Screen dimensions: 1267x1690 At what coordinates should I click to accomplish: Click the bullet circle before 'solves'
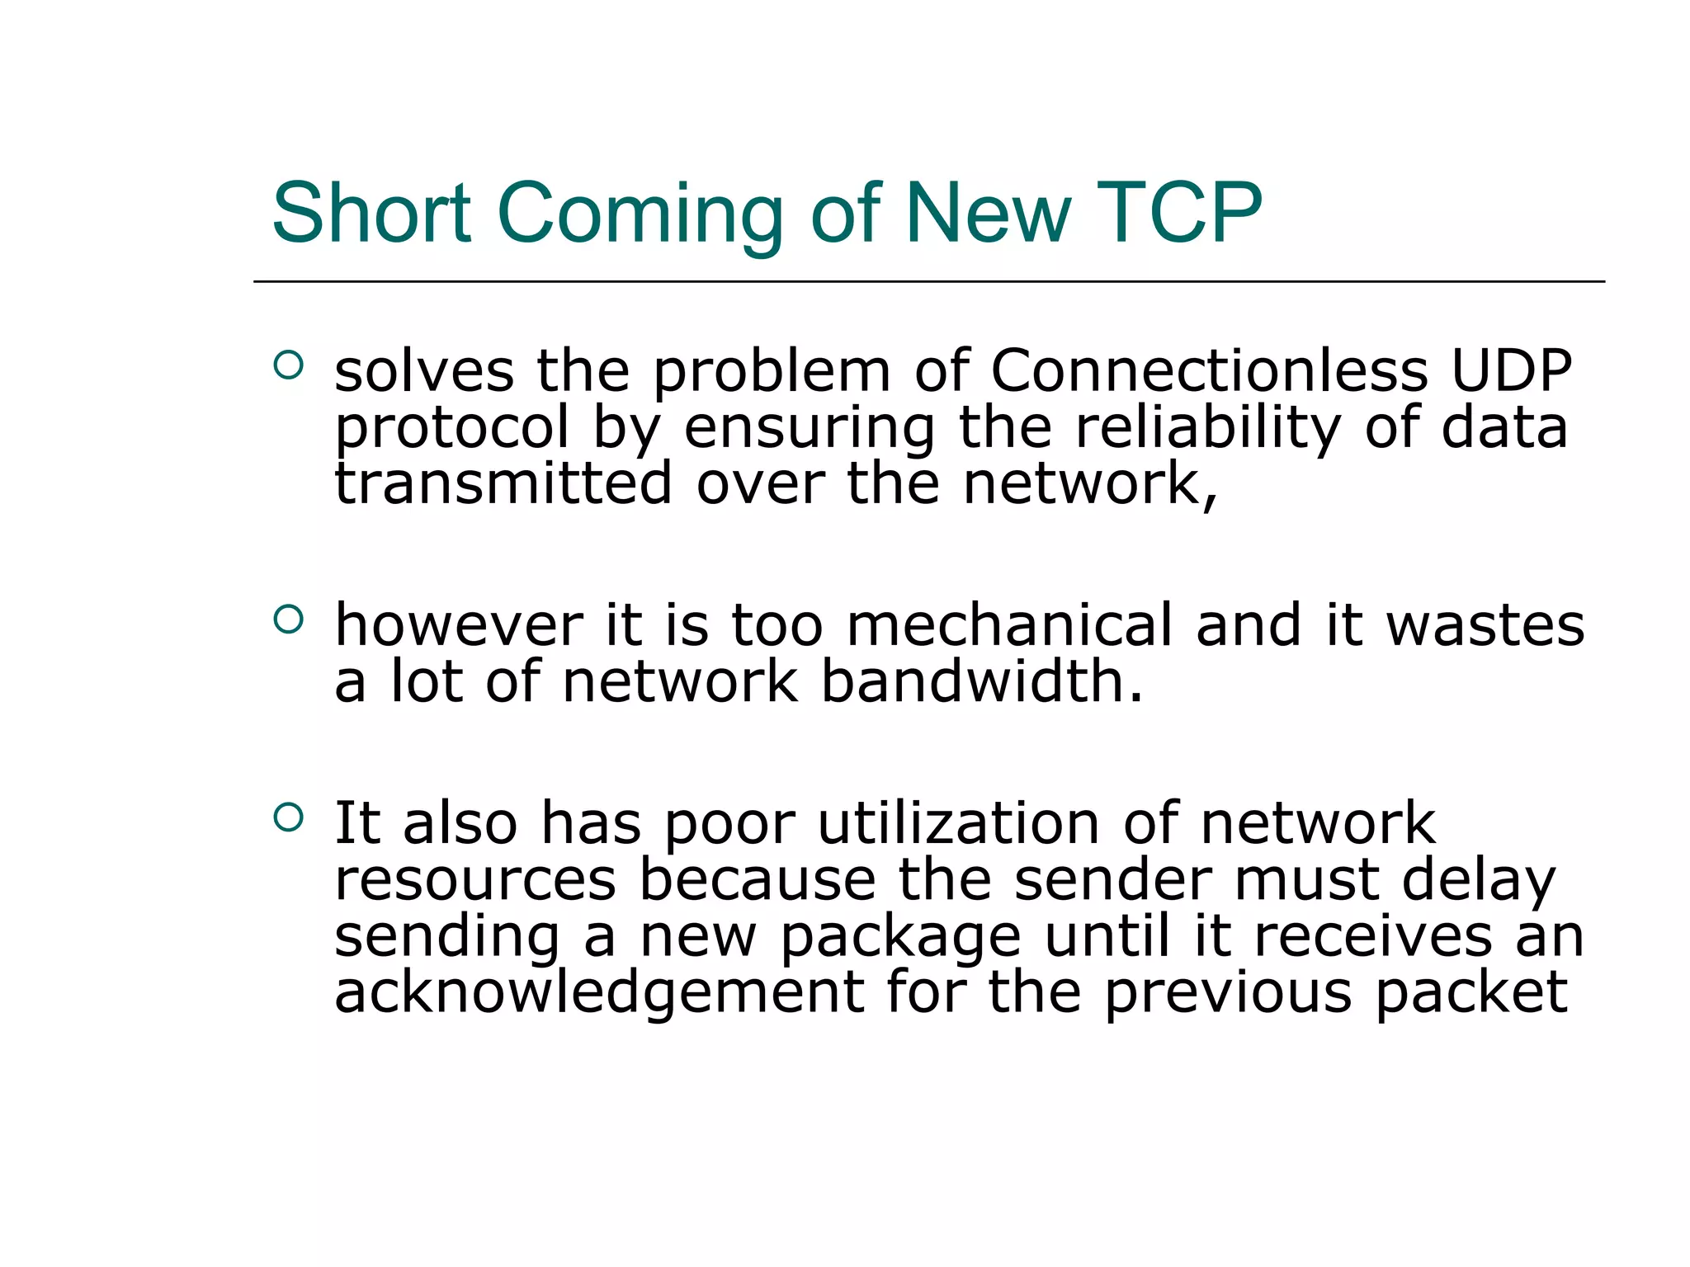coord(288,365)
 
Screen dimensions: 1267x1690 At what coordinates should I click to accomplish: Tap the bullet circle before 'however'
coord(288,619)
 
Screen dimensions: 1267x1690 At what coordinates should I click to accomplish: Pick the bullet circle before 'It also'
coord(288,817)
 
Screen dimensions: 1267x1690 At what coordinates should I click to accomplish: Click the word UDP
coord(1511,370)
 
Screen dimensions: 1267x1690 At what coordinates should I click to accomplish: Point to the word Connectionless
coord(1209,370)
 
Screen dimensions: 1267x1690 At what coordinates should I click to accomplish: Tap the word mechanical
coord(1008,625)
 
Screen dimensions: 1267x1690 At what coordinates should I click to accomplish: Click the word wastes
coord(1485,625)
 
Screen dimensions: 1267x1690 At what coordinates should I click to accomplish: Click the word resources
coord(475,879)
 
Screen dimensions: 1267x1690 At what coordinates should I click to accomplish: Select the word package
coord(901,939)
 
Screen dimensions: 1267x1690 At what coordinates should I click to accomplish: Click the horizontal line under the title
coord(928,281)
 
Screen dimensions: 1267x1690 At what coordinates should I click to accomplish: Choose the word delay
coord(1478,881)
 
